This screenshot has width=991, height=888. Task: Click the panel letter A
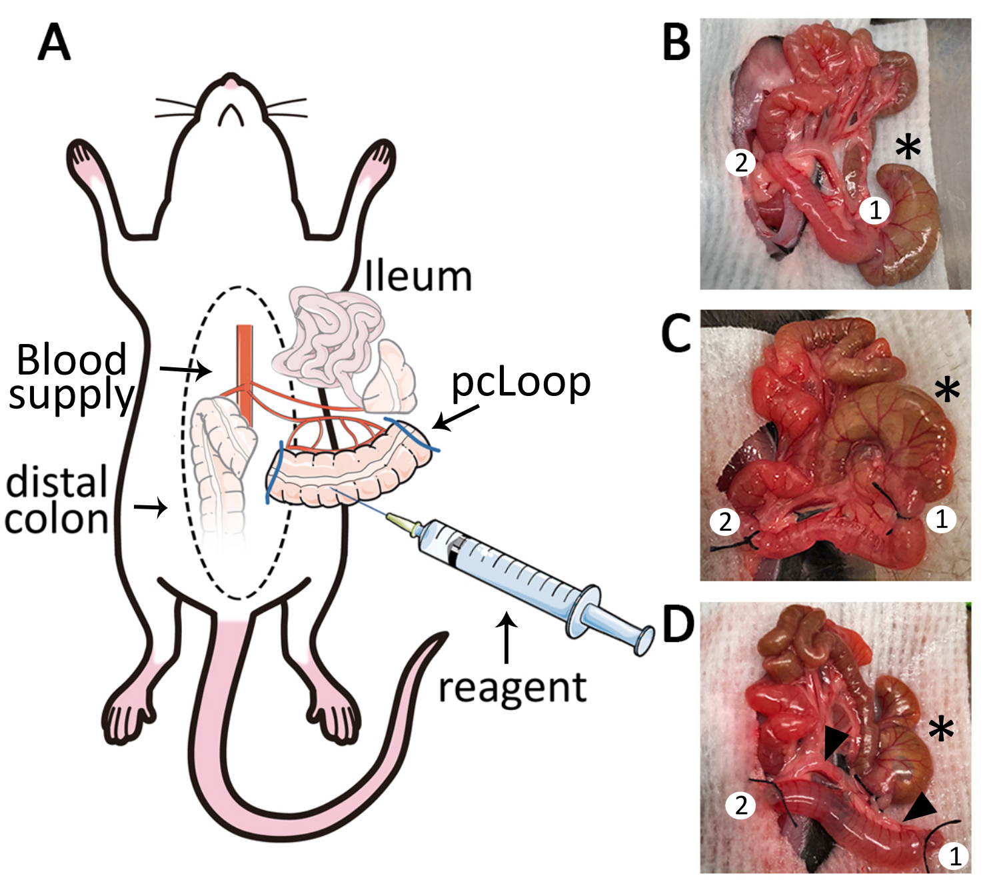point(55,43)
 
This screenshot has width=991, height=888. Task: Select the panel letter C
point(676,333)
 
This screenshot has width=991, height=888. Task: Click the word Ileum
point(419,277)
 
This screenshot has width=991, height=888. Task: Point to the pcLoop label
point(521,383)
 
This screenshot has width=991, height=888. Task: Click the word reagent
point(512,688)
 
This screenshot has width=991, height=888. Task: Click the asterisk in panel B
point(908,147)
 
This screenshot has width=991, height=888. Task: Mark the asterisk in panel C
point(946,390)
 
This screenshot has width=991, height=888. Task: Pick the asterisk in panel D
point(940,729)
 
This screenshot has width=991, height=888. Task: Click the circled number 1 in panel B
point(875,211)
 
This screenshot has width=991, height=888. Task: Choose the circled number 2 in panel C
point(725,521)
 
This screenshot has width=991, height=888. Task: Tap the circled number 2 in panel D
point(741,805)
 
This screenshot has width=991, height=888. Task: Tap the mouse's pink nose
point(231,83)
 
